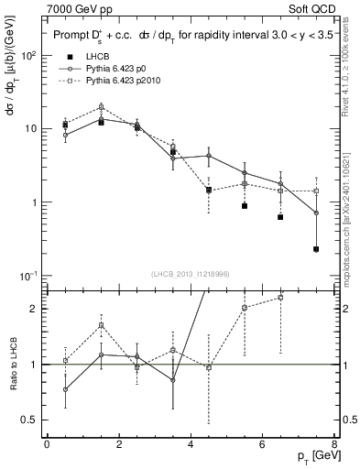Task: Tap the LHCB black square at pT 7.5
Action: click(316, 248)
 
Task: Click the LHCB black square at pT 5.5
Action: click(245, 206)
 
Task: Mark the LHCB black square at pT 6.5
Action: click(280, 217)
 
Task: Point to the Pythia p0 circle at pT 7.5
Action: click(316, 213)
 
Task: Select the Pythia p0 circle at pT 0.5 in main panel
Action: click(65, 135)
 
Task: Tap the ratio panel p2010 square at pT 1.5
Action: click(101, 324)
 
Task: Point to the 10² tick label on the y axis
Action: click(27, 55)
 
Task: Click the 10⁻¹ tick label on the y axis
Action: click(27, 276)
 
